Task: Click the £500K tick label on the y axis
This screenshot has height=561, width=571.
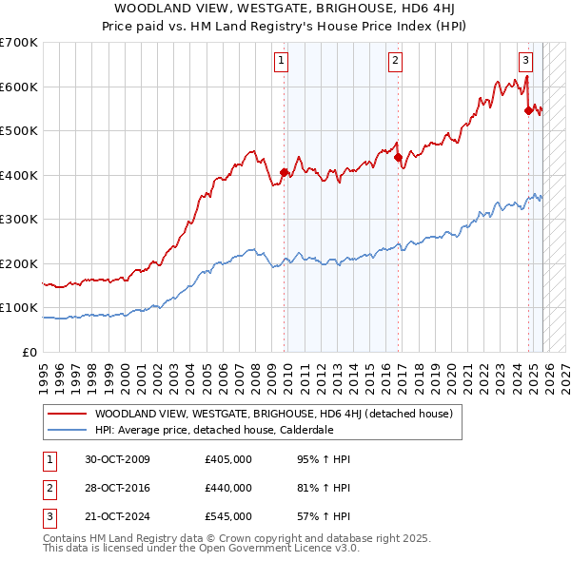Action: coord(19,131)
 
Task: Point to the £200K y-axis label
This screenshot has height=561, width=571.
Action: coord(19,263)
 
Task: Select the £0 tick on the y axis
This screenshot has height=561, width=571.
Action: coord(30,352)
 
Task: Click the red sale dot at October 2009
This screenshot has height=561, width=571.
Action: coord(285,173)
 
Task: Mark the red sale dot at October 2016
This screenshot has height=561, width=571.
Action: coord(398,158)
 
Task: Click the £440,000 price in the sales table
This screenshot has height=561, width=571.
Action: coord(228,488)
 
